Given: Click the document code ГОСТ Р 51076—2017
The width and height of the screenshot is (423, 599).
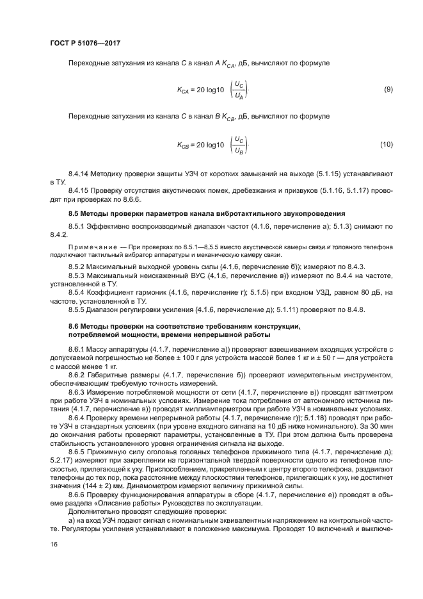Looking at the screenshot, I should [x=84, y=44].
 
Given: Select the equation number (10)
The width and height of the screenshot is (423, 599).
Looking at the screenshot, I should [x=386, y=145].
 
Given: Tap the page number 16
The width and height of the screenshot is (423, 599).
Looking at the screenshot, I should [x=53, y=545].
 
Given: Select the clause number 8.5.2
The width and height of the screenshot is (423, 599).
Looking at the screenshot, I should [x=77, y=266].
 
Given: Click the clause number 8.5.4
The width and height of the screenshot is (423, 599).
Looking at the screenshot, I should [x=77, y=291].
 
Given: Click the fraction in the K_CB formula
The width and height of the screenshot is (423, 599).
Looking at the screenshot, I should [x=239, y=145].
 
